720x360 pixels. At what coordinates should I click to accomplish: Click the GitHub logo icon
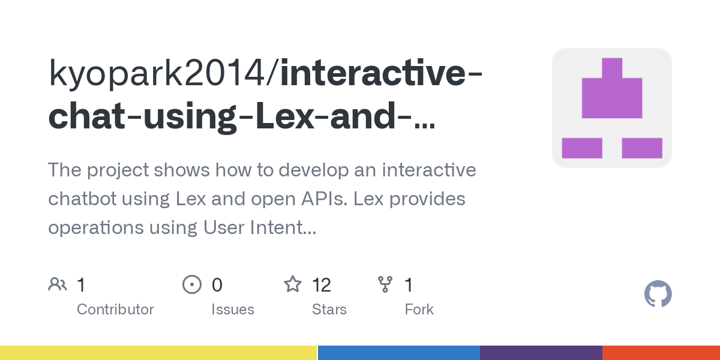[658, 294]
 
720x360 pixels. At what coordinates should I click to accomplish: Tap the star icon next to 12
[293, 284]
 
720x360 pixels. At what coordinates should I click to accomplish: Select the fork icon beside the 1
[385, 284]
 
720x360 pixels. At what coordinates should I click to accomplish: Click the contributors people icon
[58, 284]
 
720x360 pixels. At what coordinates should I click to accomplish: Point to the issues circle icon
[191, 284]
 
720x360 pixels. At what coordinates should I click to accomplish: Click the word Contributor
[115, 310]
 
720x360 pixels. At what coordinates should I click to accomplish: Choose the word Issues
[233, 310]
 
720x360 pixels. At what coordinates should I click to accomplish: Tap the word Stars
[329, 310]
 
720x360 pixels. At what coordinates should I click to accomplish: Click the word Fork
[419, 310]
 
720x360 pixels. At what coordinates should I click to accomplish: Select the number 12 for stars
[322, 284]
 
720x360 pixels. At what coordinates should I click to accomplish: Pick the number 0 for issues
[217, 284]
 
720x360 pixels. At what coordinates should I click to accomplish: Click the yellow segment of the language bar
[158, 353]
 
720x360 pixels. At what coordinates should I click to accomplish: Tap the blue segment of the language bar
[398, 353]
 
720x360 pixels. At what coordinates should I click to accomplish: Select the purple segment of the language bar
[541, 353]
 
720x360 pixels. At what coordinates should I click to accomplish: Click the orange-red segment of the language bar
[661, 353]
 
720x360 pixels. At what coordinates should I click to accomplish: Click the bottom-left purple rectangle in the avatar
[581, 148]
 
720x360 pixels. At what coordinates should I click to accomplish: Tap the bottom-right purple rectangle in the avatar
[642, 148]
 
